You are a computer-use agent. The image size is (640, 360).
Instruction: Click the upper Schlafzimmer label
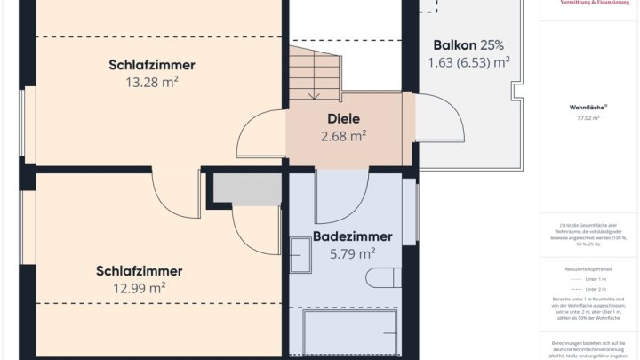coord(152,65)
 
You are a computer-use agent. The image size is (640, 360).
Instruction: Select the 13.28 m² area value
coord(152,82)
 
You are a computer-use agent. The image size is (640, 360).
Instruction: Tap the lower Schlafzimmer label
coord(140,270)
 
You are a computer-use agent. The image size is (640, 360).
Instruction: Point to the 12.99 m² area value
coord(140,287)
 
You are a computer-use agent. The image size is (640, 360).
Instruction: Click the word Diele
coord(343,118)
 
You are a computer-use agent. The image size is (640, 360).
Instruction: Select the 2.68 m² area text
coord(343,136)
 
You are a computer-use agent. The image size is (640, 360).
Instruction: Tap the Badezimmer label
coord(353,236)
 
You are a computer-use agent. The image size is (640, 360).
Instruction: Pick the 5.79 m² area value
coord(353,253)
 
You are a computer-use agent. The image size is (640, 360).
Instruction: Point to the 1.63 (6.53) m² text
coord(468,62)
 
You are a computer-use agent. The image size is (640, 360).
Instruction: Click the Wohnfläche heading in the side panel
coord(588,107)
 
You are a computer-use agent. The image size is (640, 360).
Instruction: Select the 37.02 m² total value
coord(588,117)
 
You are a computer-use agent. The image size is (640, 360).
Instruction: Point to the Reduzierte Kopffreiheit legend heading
coord(588,267)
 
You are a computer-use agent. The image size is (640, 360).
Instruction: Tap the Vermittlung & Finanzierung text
coord(588,4)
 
